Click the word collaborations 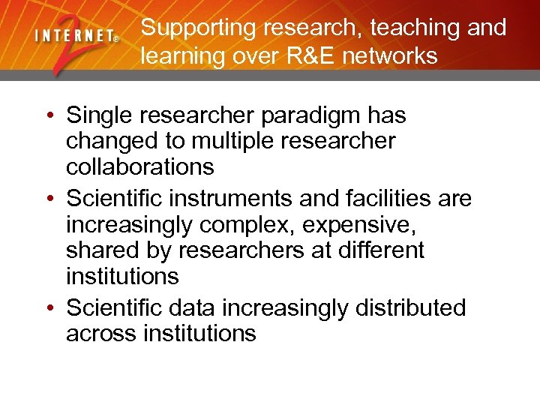(x=140, y=166)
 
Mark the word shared (x=101, y=250)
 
